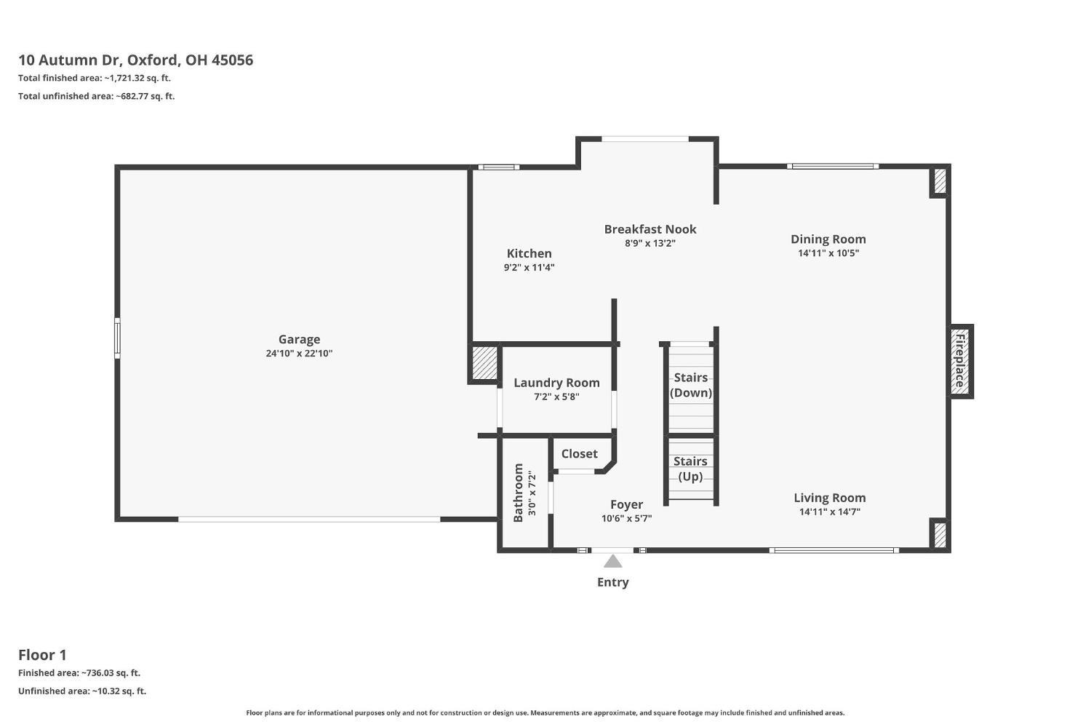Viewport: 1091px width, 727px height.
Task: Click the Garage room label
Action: [299, 339]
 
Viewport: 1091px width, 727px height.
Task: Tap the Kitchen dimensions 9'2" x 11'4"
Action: [529, 267]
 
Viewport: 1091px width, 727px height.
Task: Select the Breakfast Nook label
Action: [650, 229]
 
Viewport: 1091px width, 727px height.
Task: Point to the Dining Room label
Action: [828, 239]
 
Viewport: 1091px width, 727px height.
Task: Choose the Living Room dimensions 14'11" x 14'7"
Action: [829, 512]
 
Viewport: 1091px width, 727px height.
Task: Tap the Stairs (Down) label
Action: [691, 385]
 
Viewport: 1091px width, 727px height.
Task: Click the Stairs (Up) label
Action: [690, 469]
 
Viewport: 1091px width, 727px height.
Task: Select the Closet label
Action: [579, 453]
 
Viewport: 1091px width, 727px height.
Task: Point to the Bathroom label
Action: [518, 493]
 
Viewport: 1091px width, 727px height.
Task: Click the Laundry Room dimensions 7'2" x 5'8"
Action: [556, 397]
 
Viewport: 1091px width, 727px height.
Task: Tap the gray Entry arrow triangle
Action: [612, 562]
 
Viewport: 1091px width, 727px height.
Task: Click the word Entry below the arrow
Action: [612, 582]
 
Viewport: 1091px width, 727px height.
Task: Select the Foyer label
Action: [626, 504]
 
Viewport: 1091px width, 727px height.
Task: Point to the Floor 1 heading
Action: [42, 655]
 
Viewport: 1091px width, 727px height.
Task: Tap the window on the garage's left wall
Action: [117, 338]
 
